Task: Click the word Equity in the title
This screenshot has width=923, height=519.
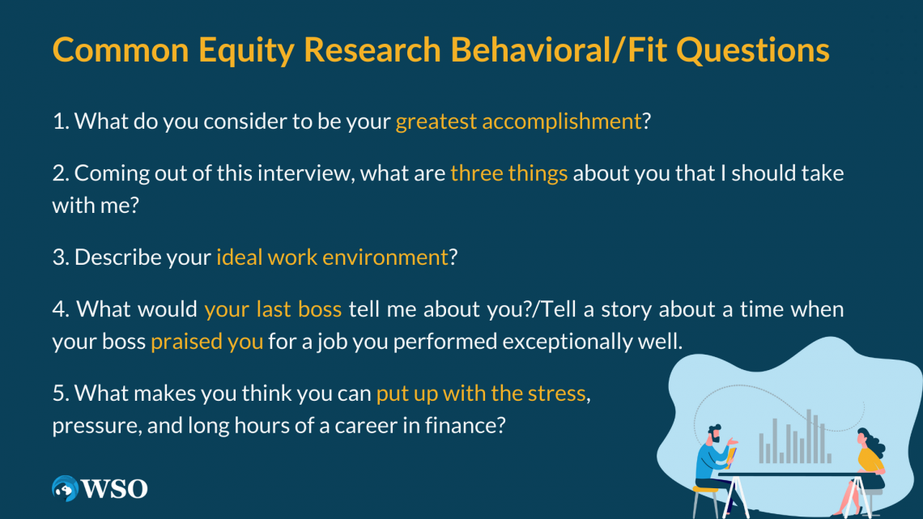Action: [x=246, y=50]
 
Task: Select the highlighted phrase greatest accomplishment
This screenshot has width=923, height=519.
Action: [x=518, y=121]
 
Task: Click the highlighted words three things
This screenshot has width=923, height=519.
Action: [x=508, y=173]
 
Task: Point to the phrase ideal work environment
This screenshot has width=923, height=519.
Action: [x=332, y=257]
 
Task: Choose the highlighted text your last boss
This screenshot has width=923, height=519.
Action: [x=273, y=309]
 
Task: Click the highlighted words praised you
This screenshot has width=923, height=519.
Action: [x=206, y=342]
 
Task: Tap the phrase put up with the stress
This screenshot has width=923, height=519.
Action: [x=481, y=393]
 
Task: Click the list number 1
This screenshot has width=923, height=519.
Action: [x=60, y=121]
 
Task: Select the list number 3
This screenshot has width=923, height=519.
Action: [x=60, y=257]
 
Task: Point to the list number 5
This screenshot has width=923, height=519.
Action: [x=60, y=393]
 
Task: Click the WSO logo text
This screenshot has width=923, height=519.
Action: [x=114, y=489]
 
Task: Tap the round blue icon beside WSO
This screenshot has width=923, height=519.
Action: [x=65, y=488]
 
